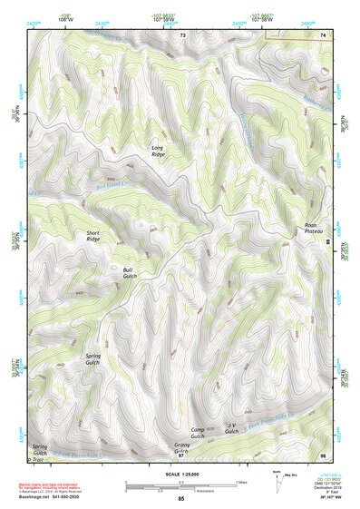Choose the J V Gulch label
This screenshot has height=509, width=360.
pyautogui.click(x=232, y=427)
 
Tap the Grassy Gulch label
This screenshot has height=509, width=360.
pyautogui.click(x=182, y=447)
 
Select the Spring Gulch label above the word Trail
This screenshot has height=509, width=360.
pyautogui.click(x=40, y=449)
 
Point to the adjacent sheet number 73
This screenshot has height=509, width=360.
pyautogui.click(x=182, y=34)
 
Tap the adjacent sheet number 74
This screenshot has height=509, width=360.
pyautogui.click(x=323, y=34)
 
